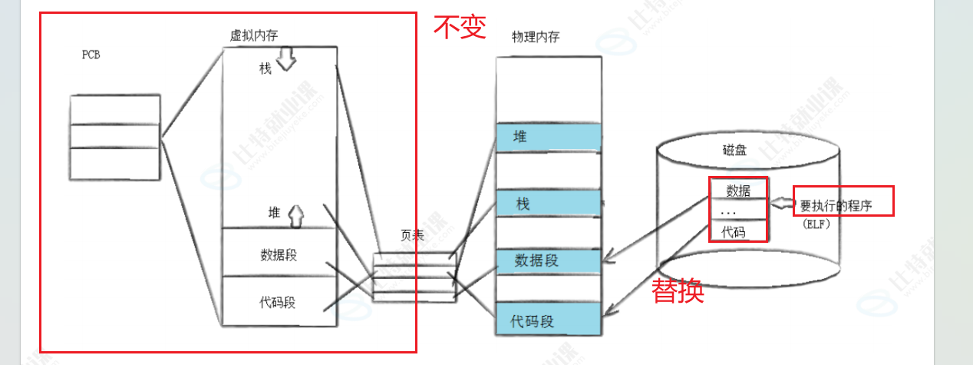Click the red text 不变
(x=460, y=28)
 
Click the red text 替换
(x=678, y=291)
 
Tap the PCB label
(x=91, y=55)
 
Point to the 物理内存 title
(x=536, y=37)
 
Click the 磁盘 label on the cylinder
(x=734, y=151)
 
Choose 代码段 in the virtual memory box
(x=278, y=302)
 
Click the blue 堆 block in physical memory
(x=546, y=138)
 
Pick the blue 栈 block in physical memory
(x=546, y=204)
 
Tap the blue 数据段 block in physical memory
(x=546, y=260)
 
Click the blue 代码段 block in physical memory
(x=546, y=320)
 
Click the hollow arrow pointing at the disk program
(x=782, y=204)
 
